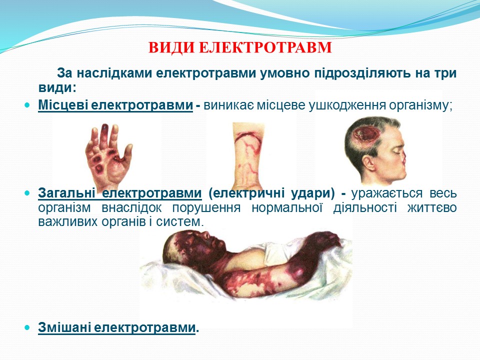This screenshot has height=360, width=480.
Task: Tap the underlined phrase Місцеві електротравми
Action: click(115, 105)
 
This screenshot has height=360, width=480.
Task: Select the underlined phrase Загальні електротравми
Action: click(119, 193)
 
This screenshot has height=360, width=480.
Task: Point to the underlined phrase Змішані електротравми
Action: click(116, 327)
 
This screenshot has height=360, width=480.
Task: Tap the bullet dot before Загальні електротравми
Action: click(27, 193)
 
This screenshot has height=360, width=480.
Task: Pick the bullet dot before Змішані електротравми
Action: click(27, 327)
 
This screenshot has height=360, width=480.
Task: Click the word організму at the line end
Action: click(419, 105)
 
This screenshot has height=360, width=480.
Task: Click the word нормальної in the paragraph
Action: click(287, 208)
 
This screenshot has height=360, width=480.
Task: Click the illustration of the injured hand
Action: click(108, 154)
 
